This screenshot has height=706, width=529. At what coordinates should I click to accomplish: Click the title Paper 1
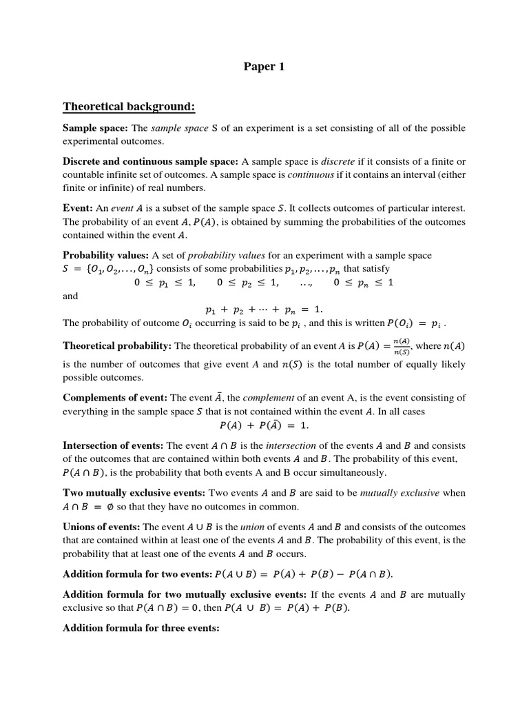[x=264, y=67]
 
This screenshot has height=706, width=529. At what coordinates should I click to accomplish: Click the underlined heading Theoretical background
[x=129, y=106]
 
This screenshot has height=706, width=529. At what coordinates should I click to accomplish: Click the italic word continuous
[x=309, y=175]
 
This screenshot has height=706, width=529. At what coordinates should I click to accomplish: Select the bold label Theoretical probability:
[x=117, y=345]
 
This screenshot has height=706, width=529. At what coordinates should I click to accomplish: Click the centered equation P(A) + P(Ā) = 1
[x=264, y=425]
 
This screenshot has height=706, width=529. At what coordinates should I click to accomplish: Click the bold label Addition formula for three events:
[x=141, y=628]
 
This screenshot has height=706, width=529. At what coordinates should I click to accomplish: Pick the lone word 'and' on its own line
[x=70, y=296]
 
